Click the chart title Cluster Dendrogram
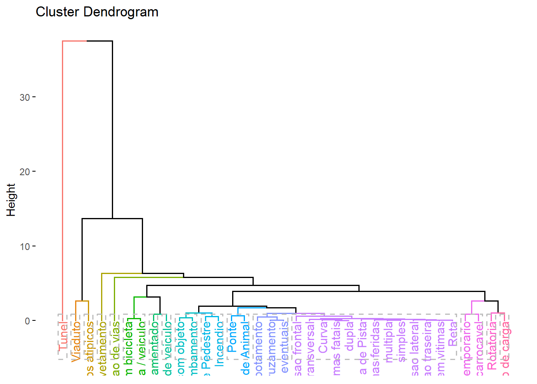coord(97,12)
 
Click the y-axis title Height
coord(11,200)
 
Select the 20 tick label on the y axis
coord(25,172)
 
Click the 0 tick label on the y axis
coord(27,321)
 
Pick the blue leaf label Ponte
coord(232,337)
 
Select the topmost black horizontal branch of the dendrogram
coord(99,41)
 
